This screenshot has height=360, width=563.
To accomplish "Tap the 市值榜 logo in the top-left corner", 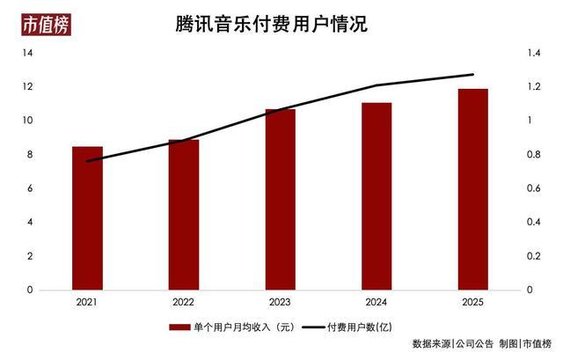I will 46,25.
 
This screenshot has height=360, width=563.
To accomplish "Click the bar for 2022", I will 184,215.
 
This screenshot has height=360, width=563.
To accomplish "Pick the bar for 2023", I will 281,200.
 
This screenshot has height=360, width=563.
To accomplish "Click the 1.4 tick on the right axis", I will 533,54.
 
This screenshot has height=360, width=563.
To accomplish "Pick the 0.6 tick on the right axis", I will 533,188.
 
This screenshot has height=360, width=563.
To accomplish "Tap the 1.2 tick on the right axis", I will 533,87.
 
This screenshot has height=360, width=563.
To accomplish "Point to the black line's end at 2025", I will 473,75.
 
